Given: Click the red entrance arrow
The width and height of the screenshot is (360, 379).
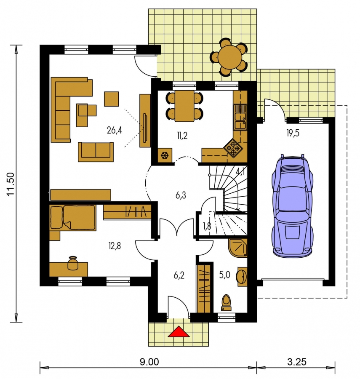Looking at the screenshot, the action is tap(179, 331).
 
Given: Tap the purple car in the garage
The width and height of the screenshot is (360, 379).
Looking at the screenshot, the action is tap(292, 205).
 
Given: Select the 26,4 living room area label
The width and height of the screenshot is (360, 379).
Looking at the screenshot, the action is tap(114, 130).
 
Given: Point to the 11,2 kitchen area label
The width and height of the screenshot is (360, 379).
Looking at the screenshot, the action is tap(182, 136).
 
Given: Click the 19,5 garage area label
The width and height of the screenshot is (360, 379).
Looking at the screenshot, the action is tap(293, 133).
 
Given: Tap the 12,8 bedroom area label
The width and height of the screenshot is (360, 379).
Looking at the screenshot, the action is tap(115, 246).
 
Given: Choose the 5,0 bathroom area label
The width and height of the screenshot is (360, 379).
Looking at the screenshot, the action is tap(224, 275).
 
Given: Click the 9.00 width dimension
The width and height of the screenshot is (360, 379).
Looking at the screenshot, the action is tap(149, 362).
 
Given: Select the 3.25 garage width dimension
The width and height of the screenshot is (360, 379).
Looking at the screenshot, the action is tap(297, 362).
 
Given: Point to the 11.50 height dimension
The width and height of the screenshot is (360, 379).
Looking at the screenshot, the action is tap(11, 184).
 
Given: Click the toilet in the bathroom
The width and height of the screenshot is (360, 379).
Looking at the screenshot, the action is tap(227, 302).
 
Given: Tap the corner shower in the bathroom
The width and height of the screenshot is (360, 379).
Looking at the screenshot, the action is tap(238, 248).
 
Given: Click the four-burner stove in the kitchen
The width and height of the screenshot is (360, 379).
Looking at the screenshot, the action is tap(233, 148).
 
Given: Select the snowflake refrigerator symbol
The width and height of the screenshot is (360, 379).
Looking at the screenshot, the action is tap(165, 155).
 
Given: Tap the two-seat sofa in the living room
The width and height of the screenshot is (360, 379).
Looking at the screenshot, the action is tap(96, 152).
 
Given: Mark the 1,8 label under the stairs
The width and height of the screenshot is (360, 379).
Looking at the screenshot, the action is tap(207, 226).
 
